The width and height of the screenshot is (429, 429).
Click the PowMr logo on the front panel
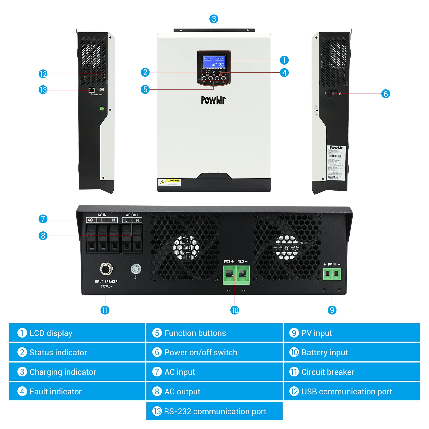[213, 100]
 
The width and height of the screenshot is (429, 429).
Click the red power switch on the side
[333, 93]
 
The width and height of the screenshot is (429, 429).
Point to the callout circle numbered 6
[386, 94]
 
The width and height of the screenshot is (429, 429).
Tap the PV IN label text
[332, 264]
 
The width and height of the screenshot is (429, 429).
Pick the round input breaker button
[106, 268]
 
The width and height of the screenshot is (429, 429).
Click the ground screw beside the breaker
[136, 269]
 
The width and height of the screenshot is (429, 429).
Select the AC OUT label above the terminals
[132, 215]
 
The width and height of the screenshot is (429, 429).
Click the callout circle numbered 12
[43, 74]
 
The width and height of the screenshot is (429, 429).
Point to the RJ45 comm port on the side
[91, 90]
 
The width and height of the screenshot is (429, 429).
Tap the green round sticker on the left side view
[102, 109]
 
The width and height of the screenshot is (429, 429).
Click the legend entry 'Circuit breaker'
[327, 372]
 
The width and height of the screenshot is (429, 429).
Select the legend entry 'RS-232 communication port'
[215, 411]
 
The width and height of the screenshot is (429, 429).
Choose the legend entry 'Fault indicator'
[56, 391]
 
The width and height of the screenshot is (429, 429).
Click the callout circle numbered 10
[235, 310]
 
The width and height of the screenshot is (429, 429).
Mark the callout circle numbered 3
[214, 19]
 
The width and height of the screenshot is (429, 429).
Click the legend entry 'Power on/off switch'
[201, 352]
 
